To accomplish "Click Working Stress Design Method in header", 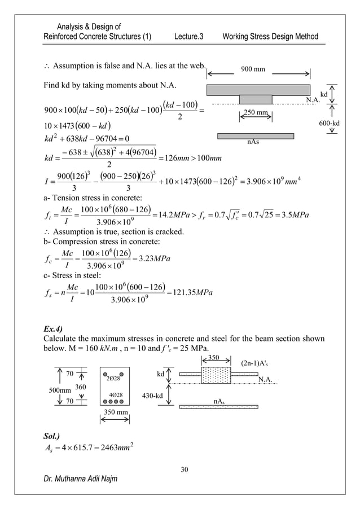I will coord(270,37).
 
